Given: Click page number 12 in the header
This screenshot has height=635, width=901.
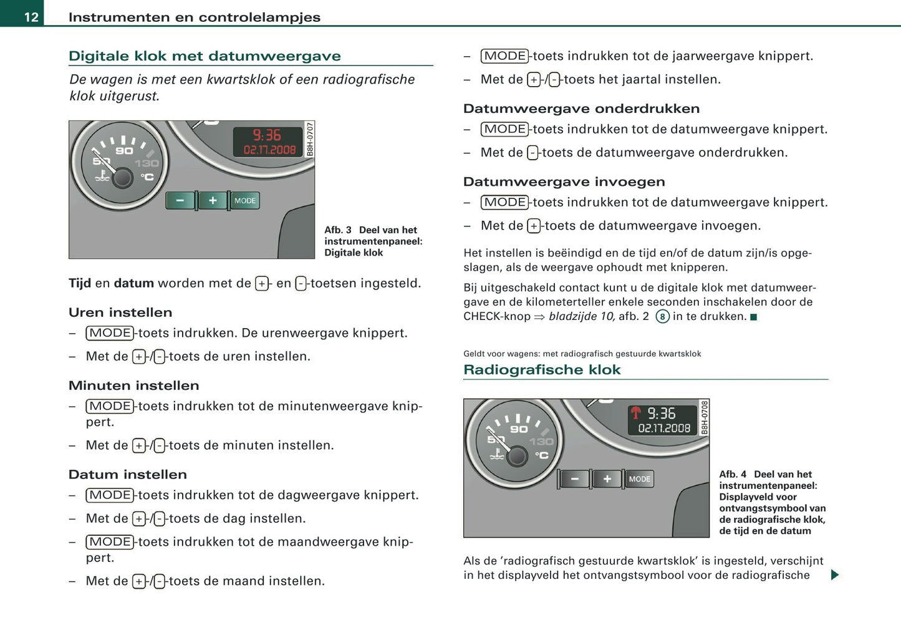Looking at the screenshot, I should coord(31,17).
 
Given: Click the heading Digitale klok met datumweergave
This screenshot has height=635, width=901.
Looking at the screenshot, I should coord(205,56).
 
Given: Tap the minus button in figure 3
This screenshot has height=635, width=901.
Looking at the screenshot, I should coord(180,201).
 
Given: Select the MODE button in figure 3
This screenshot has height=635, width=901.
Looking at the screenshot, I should coord(244,201).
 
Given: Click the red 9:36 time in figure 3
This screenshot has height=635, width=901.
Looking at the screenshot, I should coord(267,135).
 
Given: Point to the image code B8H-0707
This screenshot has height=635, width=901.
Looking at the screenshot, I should coord(310,138).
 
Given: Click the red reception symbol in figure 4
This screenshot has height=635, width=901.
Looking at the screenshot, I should coord(635,413).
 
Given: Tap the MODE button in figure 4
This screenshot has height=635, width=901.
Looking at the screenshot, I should coord(639,479).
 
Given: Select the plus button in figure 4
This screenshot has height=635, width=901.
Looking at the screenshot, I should coord(607,479).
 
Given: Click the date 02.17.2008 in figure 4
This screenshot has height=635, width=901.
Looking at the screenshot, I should coord(664,429).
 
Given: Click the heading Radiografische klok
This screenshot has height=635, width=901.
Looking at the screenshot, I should coord(542,370).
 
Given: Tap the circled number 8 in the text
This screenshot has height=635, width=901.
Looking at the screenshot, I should coord(662,317).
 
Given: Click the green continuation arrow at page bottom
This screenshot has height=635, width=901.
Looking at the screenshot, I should coord(835,574).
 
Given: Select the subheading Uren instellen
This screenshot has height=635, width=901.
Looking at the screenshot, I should coord(120,313).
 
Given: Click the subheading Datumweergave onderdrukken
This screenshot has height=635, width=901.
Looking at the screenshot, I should coord(581,109).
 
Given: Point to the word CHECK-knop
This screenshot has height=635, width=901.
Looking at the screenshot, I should coord(496,317).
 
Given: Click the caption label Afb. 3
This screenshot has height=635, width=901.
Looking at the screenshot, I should coord(338,230).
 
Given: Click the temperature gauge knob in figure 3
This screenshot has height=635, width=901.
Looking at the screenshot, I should coord(122,178).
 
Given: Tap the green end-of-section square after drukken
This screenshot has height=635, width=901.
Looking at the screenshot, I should coord(753,317).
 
